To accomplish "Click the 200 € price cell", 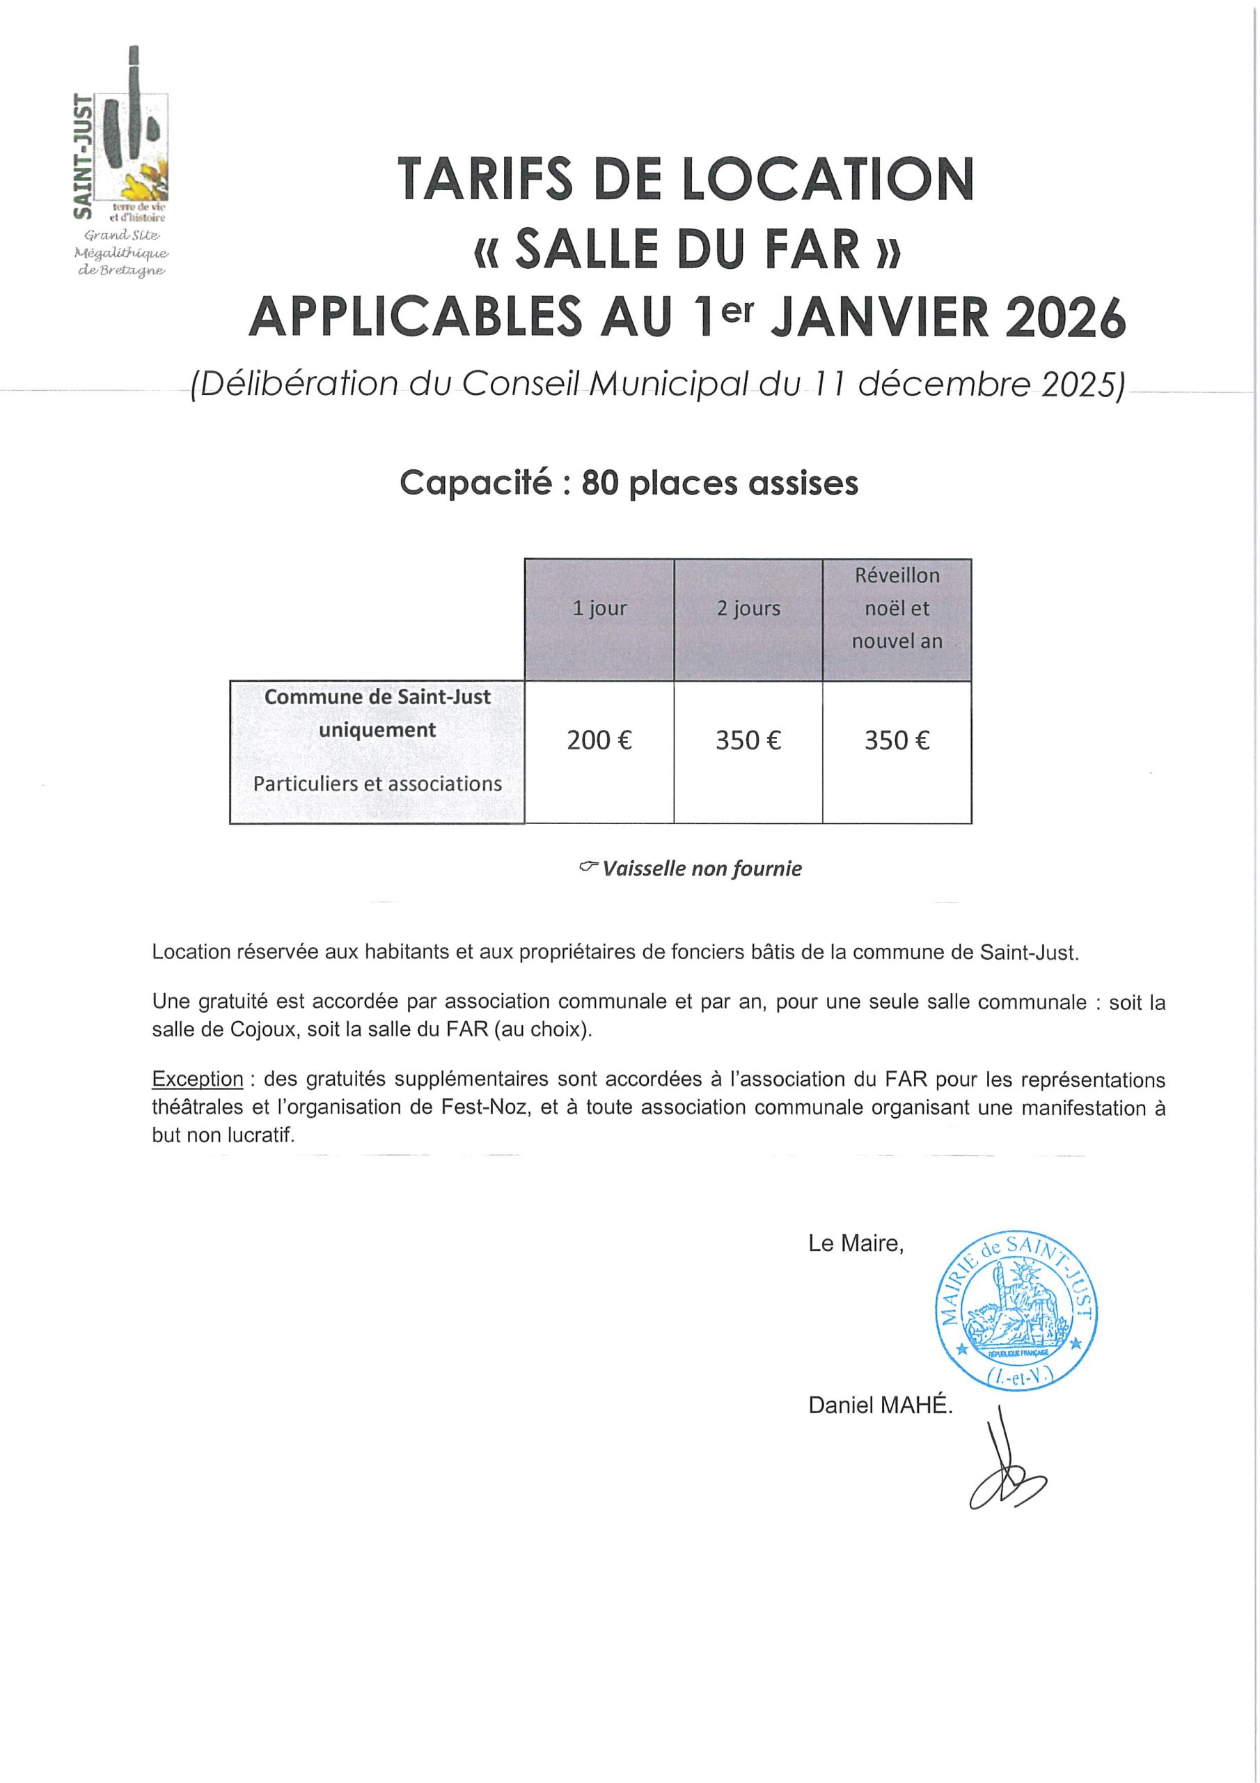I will tap(599, 741).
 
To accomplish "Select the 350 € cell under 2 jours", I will tap(748, 741).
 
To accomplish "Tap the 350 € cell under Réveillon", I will tap(897, 741).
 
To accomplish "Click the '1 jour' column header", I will tap(599, 608).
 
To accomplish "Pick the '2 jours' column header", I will tap(748, 608).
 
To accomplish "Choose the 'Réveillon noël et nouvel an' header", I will tap(897, 608).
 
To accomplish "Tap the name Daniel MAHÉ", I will tap(880, 1406).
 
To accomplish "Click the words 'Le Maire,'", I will tap(856, 1244).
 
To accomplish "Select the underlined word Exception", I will tap(197, 1080).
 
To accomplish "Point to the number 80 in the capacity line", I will tap(599, 484).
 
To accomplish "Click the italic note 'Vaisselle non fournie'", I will tap(701, 869).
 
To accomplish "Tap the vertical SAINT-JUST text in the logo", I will tap(82, 155).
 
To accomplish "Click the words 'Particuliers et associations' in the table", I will tap(377, 784).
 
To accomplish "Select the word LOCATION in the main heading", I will tap(828, 180).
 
